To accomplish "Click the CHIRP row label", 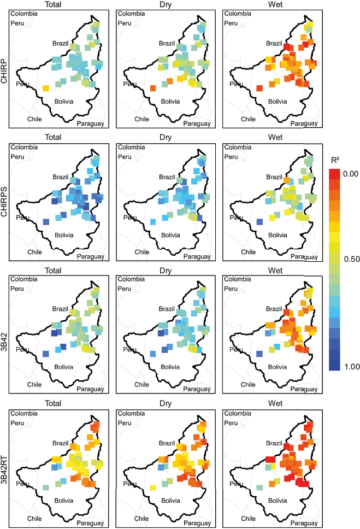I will pos(5,70).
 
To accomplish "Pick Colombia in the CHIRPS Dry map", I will pos(131,147).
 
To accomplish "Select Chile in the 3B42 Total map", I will pos(34,384).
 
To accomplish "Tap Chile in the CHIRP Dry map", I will pos(141,119).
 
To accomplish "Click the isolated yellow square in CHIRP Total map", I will pos(46,88).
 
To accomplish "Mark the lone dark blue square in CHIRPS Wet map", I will pos(259,221).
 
